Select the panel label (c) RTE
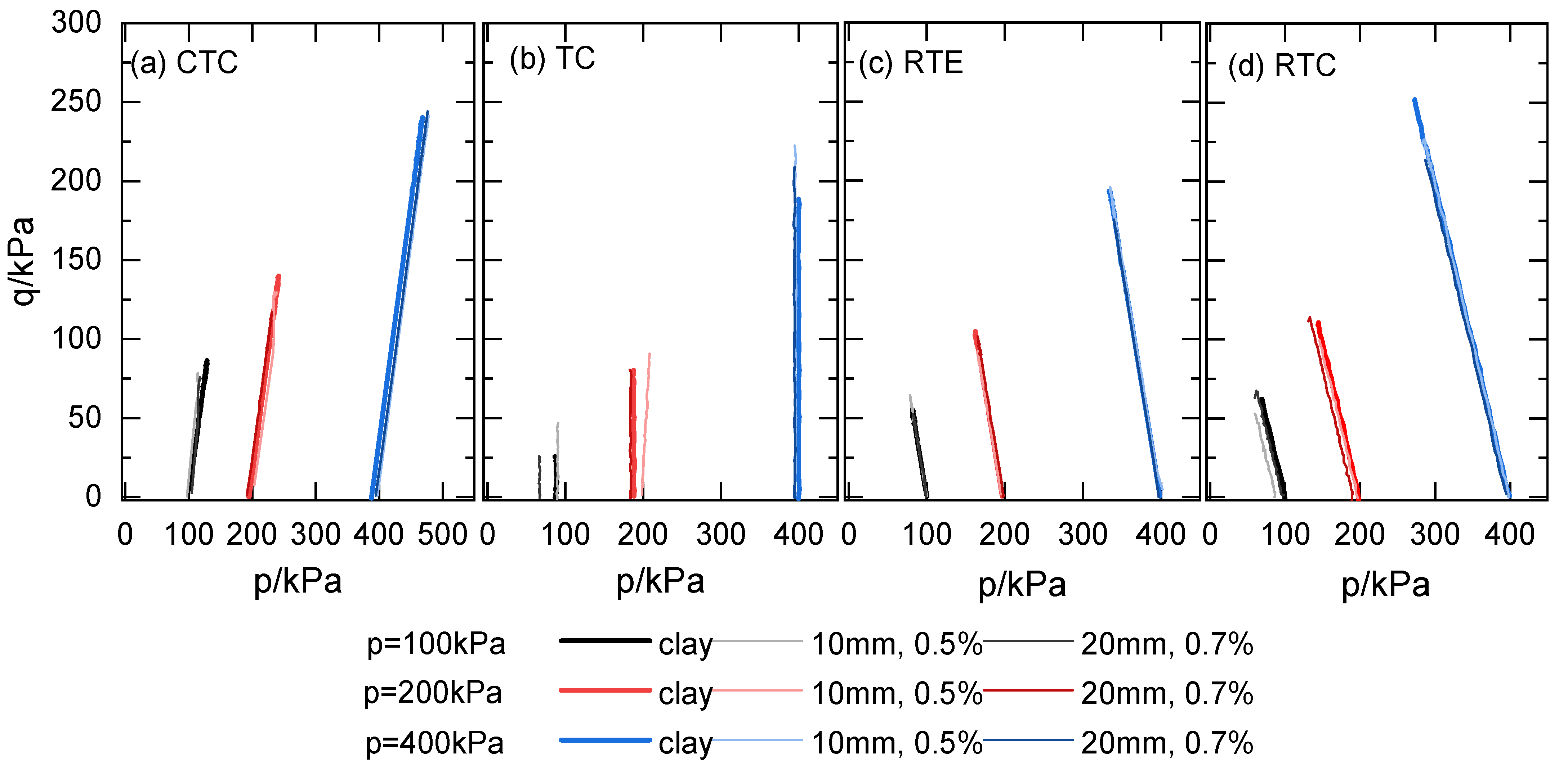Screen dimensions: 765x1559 tap(911, 63)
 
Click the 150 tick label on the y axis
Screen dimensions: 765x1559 tap(76, 260)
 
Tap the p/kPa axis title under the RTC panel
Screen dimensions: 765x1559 tap(1386, 585)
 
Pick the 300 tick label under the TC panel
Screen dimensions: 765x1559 tap(720, 535)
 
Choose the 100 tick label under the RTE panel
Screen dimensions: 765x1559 tap(926, 535)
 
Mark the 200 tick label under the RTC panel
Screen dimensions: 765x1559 tap(1359, 535)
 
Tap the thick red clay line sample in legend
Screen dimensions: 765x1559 tap(605, 690)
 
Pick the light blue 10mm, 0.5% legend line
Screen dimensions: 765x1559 tap(758, 739)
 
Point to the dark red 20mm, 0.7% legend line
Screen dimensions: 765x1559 tap(1028, 690)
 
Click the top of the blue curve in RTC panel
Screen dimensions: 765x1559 tap(1414, 100)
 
